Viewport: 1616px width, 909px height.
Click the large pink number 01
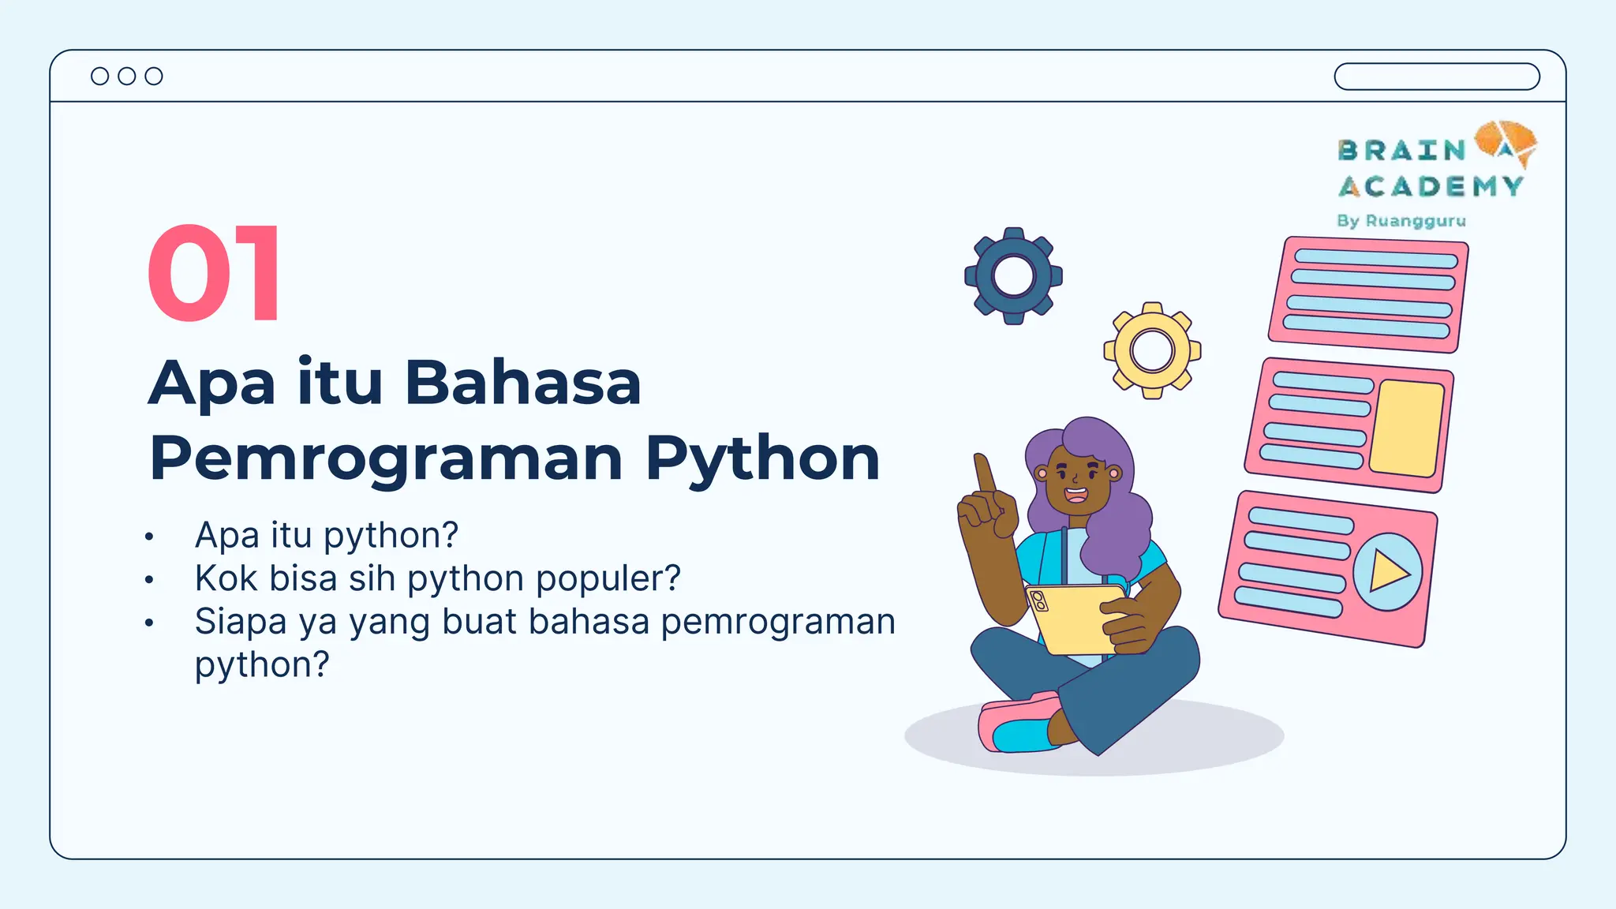click(214, 273)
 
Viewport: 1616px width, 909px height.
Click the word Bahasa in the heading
click(522, 383)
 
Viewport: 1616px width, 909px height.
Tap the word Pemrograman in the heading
click(386, 458)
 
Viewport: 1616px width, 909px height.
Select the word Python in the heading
click(762, 458)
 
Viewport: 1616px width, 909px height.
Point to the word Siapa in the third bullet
click(240, 621)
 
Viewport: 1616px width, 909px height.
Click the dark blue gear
click(1013, 276)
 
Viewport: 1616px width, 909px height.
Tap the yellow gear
click(1152, 350)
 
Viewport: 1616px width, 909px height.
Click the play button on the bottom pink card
click(1388, 571)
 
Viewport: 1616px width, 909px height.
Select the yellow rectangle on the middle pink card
click(1407, 428)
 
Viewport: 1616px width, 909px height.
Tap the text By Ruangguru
click(1401, 221)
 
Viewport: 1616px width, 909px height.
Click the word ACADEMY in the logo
click(1431, 187)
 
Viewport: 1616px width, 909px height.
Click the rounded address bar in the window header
click(1436, 77)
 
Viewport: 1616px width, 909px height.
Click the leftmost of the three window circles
click(100, 76)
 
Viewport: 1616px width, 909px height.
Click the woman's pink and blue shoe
click(1019, 724)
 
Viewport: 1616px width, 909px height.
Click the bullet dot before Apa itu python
click(149, 537)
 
